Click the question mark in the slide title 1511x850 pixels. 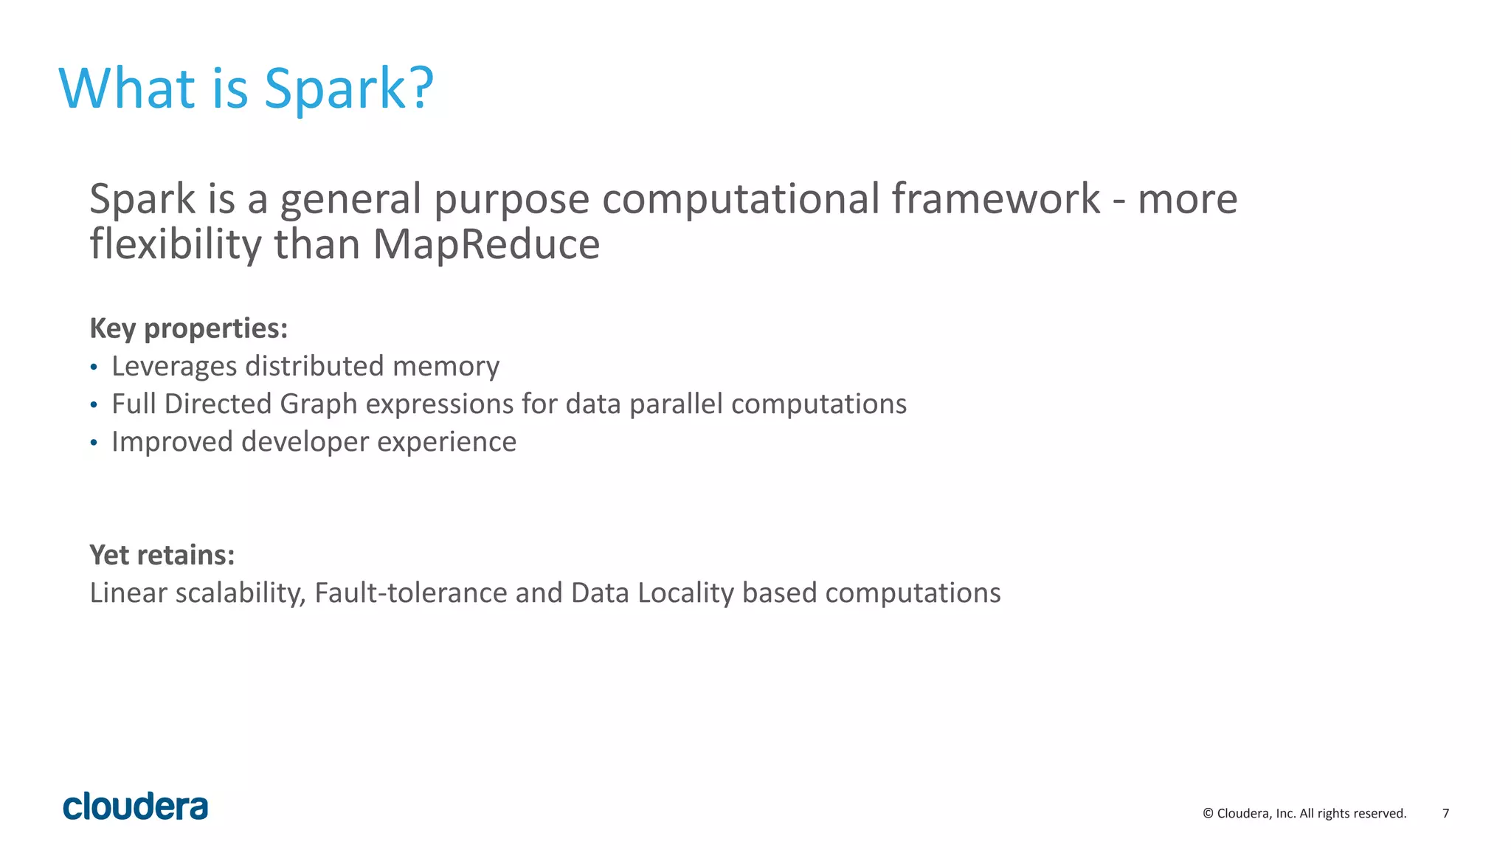click(420, 89)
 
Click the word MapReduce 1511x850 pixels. click(486, 244)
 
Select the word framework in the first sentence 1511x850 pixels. click(995, 199)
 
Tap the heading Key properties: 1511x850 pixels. click(188, 328)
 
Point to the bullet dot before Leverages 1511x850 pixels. click(94, 367)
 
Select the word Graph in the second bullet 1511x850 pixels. click(318, 404)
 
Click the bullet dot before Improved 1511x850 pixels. click(94, 443)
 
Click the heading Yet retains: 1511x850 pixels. click(162, 555)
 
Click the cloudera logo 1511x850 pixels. click(135, 806)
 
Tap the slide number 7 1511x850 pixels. click(1445, 813)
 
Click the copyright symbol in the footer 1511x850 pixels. click(1208, 813)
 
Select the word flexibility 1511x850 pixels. click(175, 244)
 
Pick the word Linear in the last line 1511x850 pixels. click(128, 593)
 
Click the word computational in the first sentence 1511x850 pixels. click(741, 199)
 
